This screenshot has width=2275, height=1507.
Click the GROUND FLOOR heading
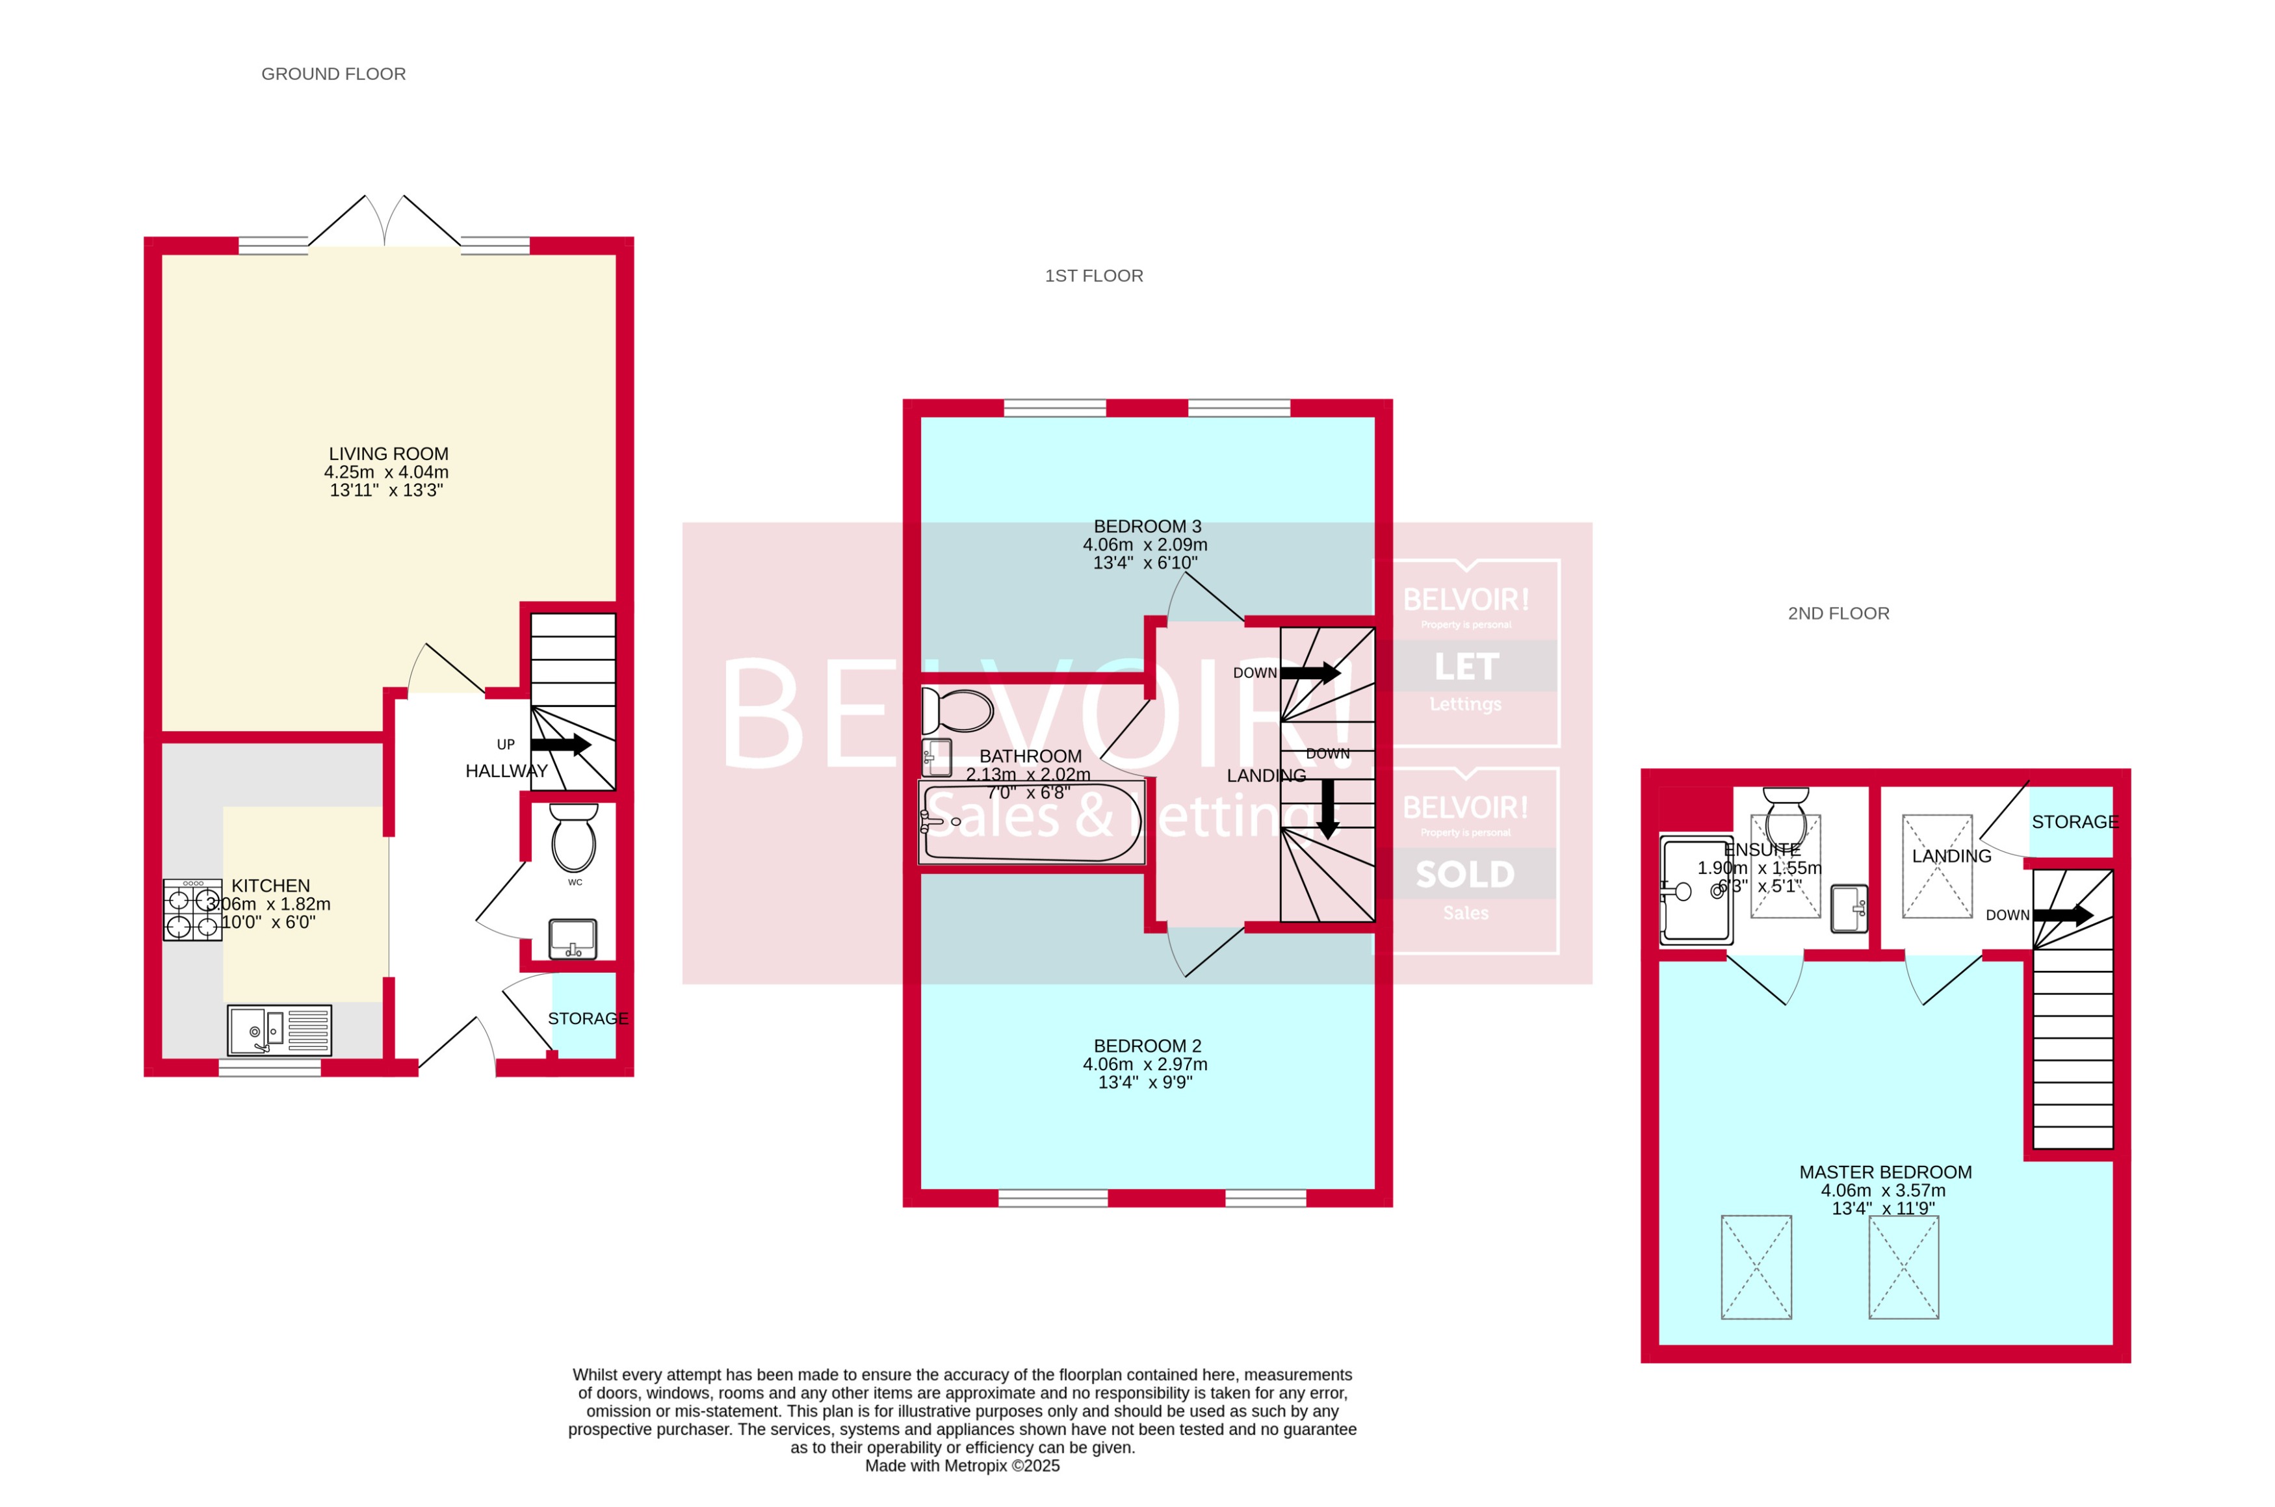[333, 74]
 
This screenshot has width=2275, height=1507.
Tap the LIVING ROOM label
[387, 454]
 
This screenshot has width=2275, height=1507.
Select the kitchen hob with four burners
[192, 911]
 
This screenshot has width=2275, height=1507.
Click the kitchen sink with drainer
[279, 1030]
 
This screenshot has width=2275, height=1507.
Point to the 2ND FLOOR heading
[1837, 613]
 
